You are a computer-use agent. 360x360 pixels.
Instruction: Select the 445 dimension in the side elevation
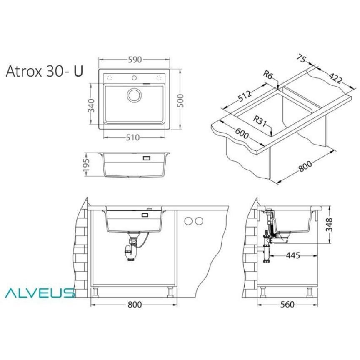[293, 256]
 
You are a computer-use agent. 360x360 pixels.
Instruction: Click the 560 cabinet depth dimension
[287, 305]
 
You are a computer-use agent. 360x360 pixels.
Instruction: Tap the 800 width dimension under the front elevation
[134, 305]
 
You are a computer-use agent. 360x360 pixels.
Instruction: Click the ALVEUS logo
[40, 293]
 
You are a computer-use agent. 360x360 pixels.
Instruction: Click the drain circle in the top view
[134, 95]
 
